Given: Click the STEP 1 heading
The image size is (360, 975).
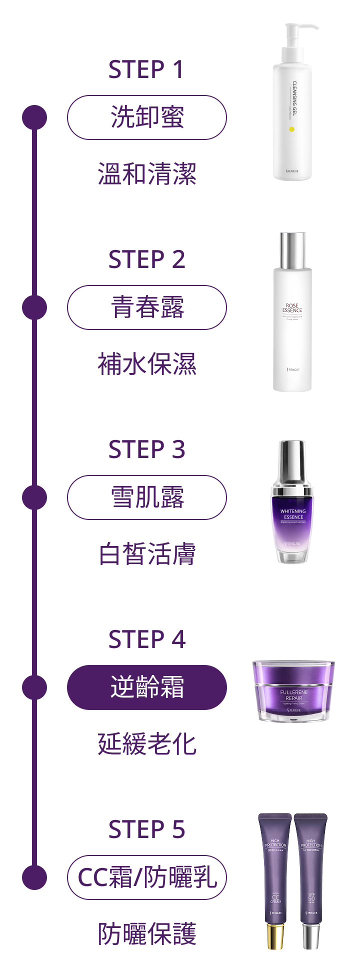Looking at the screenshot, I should [x=146, y=69].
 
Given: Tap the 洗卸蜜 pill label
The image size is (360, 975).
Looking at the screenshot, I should [x=147, y=117].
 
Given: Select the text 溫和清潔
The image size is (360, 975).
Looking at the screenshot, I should [x=147, y=174].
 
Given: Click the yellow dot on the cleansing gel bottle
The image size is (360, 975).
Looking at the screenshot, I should [x=291, y=129].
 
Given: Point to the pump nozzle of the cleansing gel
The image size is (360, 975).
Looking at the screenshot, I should [x=303, y=27].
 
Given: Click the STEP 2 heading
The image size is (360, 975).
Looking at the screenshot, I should [x=146, y=259].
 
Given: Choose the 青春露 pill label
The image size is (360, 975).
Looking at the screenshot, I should [x=147, y=307].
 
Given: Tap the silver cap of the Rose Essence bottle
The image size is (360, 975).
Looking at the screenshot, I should [x=292, y=250].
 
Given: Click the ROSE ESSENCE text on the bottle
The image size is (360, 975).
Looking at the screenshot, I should [x=292, y=308].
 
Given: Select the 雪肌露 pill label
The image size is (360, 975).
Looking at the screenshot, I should [x=147, y=497].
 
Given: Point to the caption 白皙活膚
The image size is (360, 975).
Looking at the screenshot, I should [x=147, y=554].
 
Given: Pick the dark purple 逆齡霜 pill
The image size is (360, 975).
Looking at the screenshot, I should [x=147, y=687].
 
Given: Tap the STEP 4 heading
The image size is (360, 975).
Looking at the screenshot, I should [x=146, y=639].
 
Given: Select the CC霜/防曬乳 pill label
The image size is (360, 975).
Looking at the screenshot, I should [x=147, y=877].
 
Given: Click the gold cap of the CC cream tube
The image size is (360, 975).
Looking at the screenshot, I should [x=275, y=936].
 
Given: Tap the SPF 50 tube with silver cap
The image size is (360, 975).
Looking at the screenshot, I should [x=311, y=880].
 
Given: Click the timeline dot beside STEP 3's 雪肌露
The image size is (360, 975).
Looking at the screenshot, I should [x=34, y=497].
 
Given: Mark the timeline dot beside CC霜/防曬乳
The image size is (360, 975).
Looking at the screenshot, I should [x=34, y=877].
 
